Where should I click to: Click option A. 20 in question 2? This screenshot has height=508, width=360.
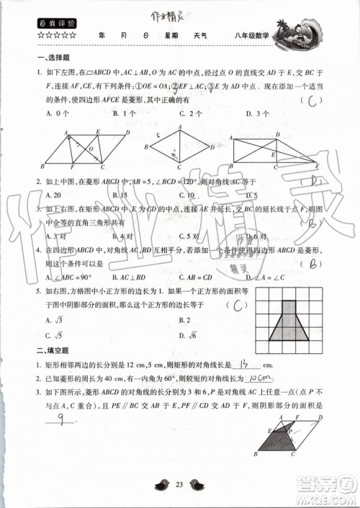point(53,195)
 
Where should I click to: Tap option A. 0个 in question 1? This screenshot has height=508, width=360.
point(55,113)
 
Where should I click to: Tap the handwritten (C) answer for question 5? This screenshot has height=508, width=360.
point(236,304)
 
